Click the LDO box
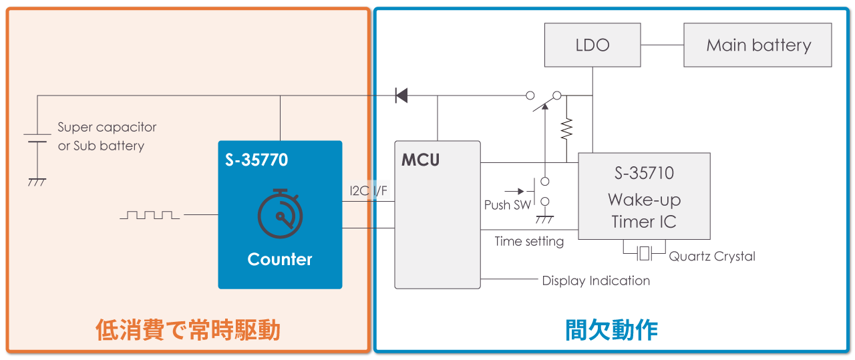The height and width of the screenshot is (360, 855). click(x=592, y=45)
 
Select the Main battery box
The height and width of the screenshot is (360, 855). click(x=757, y=45)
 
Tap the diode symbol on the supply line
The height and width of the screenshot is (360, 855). click(x=401, y=96)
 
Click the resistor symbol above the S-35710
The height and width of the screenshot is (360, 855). click(x=566, y=128)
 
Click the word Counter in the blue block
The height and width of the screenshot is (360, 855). click(x=280, y=259)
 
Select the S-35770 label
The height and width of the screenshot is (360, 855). click(x=256, y=160)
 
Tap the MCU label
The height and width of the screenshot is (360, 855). click(x=420, y=160)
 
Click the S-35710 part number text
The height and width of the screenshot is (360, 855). click(x=644, y=174)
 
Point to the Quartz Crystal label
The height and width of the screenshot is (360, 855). click(x=712, y=256)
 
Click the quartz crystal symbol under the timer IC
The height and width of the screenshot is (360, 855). click(x=644, y=253)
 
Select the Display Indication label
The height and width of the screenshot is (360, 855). click(x=596, y=281)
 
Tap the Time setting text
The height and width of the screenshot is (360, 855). click(x=529, y=241)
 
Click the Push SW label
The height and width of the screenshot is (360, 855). click(x=508, y=205)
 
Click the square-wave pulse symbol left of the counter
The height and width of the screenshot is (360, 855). click(x=150, y=215)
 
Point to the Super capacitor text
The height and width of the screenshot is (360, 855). click(x=107, y=127)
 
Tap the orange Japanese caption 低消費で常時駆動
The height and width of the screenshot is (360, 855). click(x=188, y=330)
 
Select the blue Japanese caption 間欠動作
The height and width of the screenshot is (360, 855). click(x=611, y=330)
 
